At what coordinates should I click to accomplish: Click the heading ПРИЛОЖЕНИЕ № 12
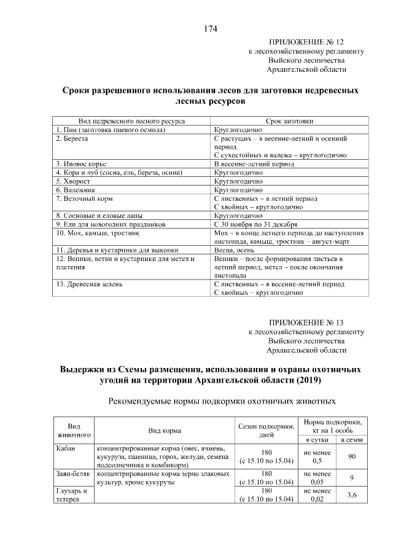click(x=307, y=42)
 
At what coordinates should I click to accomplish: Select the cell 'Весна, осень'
click(x=234, y=250)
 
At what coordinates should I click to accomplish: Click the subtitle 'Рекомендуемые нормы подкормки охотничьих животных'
click(x=221, y=401)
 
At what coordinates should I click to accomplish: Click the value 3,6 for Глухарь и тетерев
click(x=352, y=495)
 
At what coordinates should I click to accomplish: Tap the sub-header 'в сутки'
click(x=316, y=440)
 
